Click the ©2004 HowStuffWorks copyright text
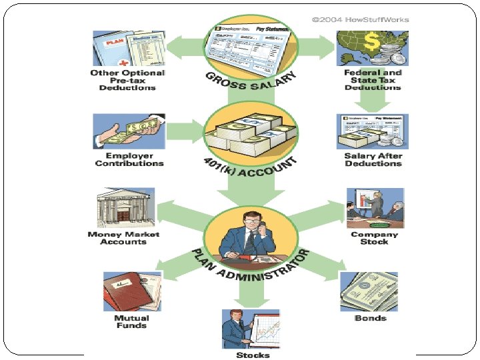point(360,19)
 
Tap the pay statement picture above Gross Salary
point(251,46)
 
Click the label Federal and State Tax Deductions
point(373,80)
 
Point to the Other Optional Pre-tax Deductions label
point(127,80)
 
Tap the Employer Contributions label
point(129,159)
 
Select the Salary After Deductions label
point(373,159)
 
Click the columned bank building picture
point(125,208)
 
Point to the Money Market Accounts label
point(123,238)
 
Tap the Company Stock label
point(375,238)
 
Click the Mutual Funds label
point(131,321)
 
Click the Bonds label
point(371,318)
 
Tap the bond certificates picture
point(369,291)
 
